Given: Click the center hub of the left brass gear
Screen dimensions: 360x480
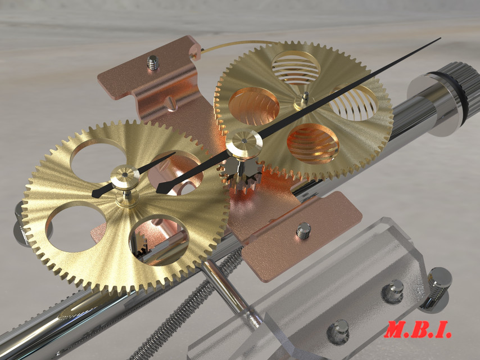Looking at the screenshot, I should pyautogui.click(x=125, y=179).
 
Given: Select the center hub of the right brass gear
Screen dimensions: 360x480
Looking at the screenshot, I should pyautogui.click(x=304, y=102).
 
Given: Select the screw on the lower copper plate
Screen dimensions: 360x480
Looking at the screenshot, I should pyautogui.click(x=304, y=229).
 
